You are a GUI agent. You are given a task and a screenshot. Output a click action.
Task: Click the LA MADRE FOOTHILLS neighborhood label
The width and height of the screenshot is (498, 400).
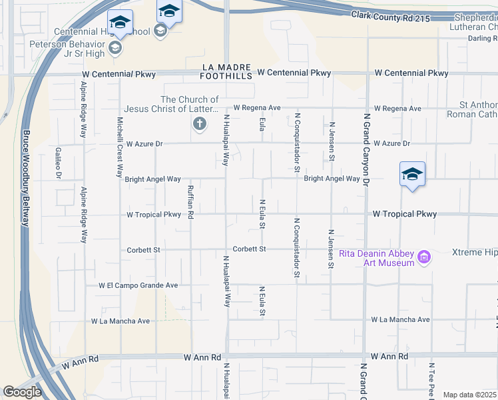(227, 71)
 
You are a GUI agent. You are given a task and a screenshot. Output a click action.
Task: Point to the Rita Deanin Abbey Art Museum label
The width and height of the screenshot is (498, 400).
(377, 258)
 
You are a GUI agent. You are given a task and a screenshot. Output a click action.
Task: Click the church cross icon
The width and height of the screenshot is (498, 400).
(198, 123)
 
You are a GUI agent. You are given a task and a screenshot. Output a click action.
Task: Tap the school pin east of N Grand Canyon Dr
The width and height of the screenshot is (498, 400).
(412, 175)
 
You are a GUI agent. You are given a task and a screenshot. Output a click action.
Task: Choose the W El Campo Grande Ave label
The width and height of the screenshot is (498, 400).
(138, 285)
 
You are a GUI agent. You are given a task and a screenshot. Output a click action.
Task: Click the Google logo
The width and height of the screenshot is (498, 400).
(22, 392)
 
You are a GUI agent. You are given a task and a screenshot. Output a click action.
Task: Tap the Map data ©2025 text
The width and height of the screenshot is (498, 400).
(470, 395)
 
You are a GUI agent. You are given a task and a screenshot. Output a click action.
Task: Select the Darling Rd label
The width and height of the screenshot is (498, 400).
(482, 39)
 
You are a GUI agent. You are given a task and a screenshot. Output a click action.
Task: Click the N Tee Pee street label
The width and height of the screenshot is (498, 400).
(432, 381)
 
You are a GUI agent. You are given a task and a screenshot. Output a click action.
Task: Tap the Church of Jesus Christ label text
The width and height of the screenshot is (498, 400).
(171, 105)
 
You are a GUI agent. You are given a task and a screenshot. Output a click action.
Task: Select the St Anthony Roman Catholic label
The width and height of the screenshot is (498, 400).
(478, 110)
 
